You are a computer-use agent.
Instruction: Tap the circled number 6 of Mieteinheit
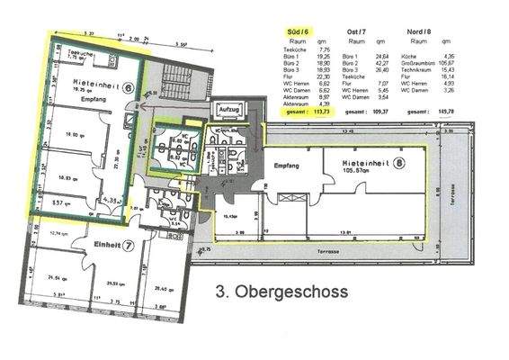coord(128,88)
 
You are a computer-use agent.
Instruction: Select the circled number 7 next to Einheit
coord(129,244)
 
